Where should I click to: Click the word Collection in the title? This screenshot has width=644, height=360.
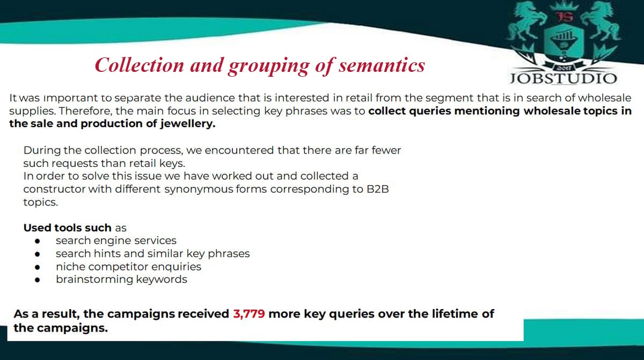click(x=140, y=65)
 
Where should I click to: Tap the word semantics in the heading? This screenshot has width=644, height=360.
click(x=382, y=65)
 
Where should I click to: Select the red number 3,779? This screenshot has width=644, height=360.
click(x=249, y=314)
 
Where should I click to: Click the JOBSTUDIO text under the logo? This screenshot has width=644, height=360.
click(x=563, y=78)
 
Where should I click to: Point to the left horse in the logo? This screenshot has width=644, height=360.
click(x=526, y=21)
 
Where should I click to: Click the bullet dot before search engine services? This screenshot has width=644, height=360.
click(x=37, y=241)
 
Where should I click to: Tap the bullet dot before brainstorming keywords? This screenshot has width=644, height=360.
click(x=37, y=280)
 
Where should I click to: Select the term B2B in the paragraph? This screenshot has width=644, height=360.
click(x=378, y=189)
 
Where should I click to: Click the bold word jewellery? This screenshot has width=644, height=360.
click(x=188, y=124)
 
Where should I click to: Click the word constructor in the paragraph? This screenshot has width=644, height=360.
click(x=54, y=189)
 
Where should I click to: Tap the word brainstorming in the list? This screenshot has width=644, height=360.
click(x=94, y=280)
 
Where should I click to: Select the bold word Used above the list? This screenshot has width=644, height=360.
click(x=37, y=228)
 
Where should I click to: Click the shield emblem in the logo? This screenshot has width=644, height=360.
click(x=563, y=40)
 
